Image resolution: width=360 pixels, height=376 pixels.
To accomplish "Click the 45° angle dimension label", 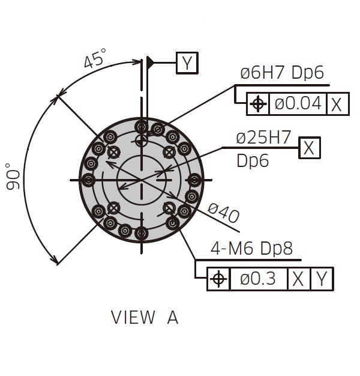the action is pos(94,58).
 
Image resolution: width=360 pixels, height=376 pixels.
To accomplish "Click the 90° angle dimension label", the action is pos(13,177).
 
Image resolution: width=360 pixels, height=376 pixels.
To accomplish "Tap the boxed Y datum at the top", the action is pos(187,63).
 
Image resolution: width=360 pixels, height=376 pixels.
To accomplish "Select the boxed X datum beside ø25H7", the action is pos(310,148).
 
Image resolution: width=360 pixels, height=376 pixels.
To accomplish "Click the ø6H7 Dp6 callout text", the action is pos(282,73).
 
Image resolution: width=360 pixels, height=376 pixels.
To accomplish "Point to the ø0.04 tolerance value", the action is pos(298,103).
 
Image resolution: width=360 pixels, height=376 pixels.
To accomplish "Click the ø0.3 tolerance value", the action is pos(258,279).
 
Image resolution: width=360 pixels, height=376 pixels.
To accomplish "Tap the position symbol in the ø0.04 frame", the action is pos(258,104).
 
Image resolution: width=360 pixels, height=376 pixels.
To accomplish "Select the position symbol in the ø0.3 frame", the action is pos(218,279).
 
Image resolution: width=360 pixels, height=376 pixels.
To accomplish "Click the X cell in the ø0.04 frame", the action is pos(337,104).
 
